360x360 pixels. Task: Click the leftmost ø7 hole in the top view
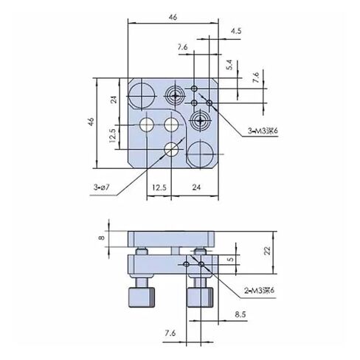(x=147, y=122)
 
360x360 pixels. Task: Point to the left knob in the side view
(x=142, y=294)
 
